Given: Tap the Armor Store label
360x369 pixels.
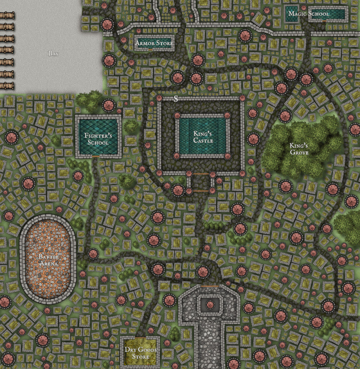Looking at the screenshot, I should [x=154, y=43].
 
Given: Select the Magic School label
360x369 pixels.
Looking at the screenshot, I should [x=309, y=14].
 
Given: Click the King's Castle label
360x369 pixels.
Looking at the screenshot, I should [x=202, y=137].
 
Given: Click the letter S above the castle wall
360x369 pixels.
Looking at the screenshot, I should [x=176, y=99].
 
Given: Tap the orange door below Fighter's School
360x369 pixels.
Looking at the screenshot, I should [x=96, y=156].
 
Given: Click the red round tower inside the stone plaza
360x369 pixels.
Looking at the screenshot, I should [x=208, y=305].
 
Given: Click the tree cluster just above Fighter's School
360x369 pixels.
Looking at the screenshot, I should [x=90, y=101].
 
